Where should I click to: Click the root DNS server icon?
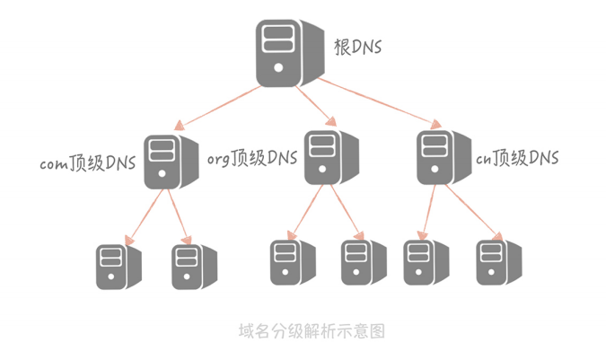(288, 53)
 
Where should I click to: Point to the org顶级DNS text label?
(252, 159)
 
